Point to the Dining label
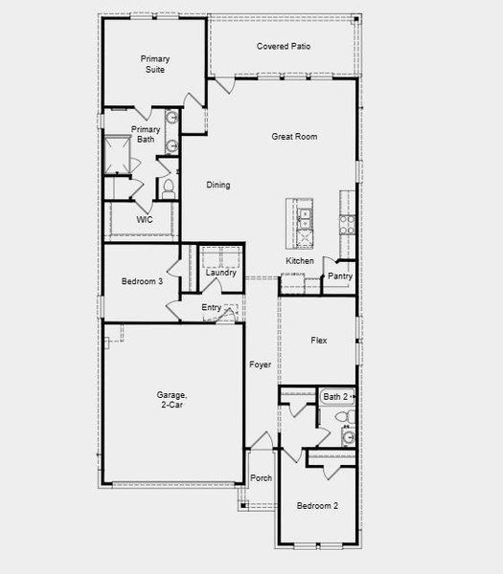tap(217, 186)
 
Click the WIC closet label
tap(145, 219)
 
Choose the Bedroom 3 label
tap(142, 281)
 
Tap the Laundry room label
tap(221, 274)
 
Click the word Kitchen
tap(299, 261)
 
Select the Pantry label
tap(340, 276)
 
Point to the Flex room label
tap(320, 340)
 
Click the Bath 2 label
tap(334, 396)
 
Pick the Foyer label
tap(260, 364)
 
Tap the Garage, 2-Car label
tap(172, 400)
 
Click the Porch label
tap(261, 478)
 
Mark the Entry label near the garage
tap(211, 308)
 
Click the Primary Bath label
tap(146, 134)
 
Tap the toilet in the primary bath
tap(168, 188)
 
